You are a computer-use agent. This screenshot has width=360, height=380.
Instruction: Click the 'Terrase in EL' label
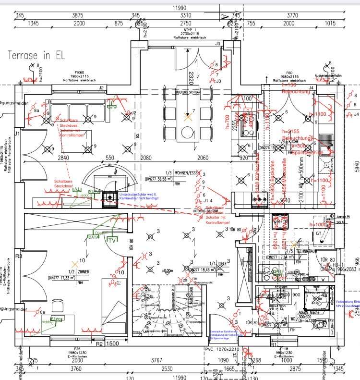pos(36,55)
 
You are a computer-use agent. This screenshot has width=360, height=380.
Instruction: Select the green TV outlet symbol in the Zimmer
pos(112,240)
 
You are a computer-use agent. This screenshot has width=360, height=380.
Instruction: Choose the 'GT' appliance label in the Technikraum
pos(318,233)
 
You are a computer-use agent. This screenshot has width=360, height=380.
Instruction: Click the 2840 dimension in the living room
pos(63,158)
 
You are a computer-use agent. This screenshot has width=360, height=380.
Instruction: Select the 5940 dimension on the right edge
pos(356,166)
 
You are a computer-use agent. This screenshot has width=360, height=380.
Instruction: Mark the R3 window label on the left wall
pos(18,257)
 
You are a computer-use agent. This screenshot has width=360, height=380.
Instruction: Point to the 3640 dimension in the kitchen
pos(286,200)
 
